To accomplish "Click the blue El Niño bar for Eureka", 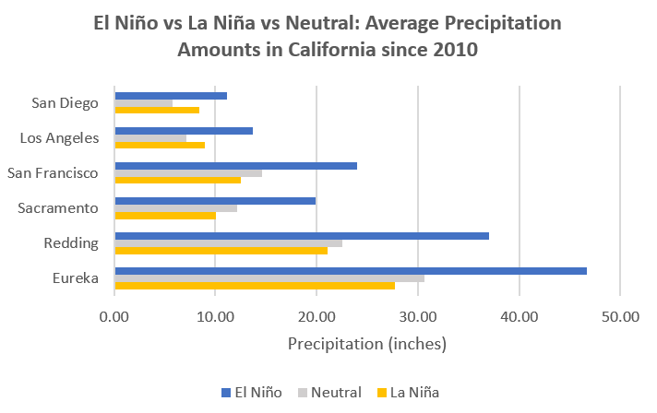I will pyautogui.click(x=351, y=270).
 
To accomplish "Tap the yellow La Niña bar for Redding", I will pyautogui.click(x=221, y=250).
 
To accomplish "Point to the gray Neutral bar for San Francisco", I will pyautogui.click(x=188, y=172).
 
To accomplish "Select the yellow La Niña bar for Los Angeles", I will pyautogui.click(x=160, y=145).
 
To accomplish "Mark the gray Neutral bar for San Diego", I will pyautogui.click(x=143, y=102).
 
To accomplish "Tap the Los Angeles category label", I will pyautogui.click(x=59, y=137).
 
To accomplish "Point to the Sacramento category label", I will pyautogui.click(x=58, y=207).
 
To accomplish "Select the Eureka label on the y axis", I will pyautogui.click(x=76, y=277).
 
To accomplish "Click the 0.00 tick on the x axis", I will pyautogui.click(x=114, y=316).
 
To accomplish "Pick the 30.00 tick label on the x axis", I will pyautogui.click(x=417, y=316).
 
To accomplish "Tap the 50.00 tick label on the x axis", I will pyautogui.click(x=619, y=316).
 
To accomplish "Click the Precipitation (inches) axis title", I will pyautogui.click(x=366, y=345).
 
